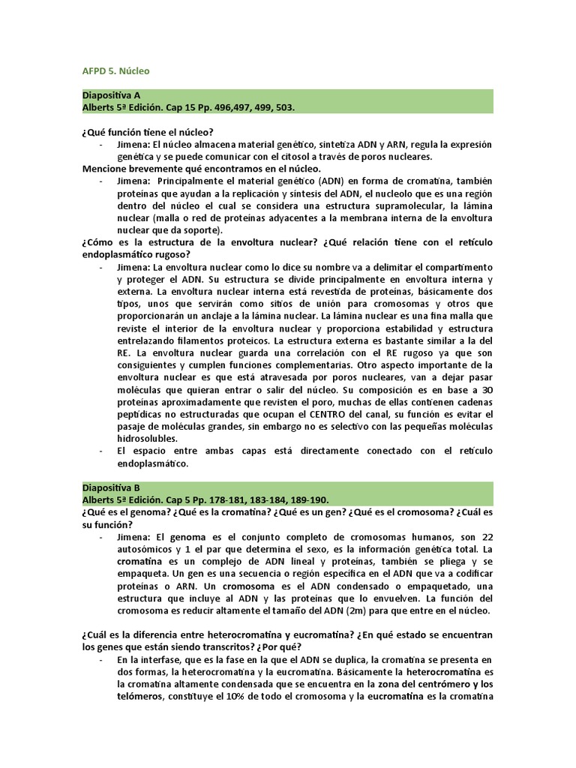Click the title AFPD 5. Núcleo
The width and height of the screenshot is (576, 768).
[x=115, y=71]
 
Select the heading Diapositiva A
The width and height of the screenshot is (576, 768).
[x=111, y=95]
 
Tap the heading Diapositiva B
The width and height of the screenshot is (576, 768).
[x=111, y=487]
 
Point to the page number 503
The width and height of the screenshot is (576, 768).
[x=284, y=107]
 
